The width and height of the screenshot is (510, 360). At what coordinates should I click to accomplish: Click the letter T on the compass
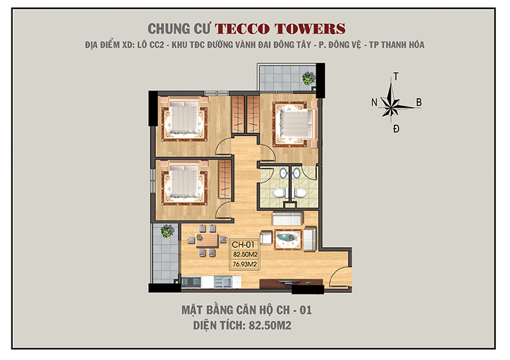click(x=397, y=76)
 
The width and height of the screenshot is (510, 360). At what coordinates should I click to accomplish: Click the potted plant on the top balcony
click(x=309, y=78)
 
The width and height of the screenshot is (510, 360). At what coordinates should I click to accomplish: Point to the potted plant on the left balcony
click(x=166, y=232)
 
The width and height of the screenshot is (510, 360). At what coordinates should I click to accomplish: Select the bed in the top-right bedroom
click(x=295, y=120)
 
